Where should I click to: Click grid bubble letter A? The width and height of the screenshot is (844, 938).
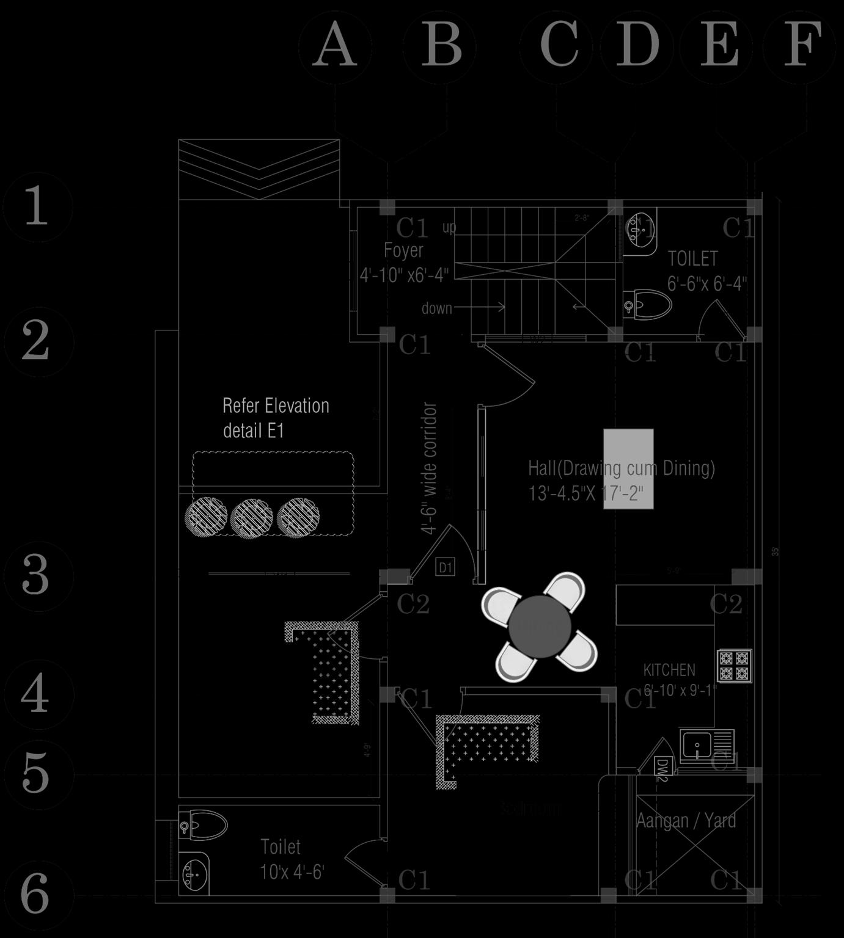pos(335,46)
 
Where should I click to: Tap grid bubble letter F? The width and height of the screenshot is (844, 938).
pos(801,46)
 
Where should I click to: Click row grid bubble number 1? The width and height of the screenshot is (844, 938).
pos(37,206)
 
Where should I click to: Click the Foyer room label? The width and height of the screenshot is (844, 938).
pos(403,250)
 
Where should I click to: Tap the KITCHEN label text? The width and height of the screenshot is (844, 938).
pos(669,670)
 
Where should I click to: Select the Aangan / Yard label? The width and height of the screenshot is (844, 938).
pos(686,820)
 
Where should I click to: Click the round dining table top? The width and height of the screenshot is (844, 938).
pos(540,626)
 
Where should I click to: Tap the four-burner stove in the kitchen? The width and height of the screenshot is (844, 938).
pos(734,666)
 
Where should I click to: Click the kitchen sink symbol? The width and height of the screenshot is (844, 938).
pos(706,746)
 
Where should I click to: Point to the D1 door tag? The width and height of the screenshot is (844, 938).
pos(446,567)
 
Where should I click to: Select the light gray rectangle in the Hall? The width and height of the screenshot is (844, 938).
pos(628,468)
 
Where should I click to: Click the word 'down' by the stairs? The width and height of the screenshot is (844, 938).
pos(436,308)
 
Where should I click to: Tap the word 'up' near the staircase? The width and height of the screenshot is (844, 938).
pos(449,228)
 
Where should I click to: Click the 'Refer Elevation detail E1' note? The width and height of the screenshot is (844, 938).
pos(276,418)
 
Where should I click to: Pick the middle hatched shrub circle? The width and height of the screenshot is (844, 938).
pos(252,517)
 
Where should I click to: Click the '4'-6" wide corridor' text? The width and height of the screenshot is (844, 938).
pos(430,468)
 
